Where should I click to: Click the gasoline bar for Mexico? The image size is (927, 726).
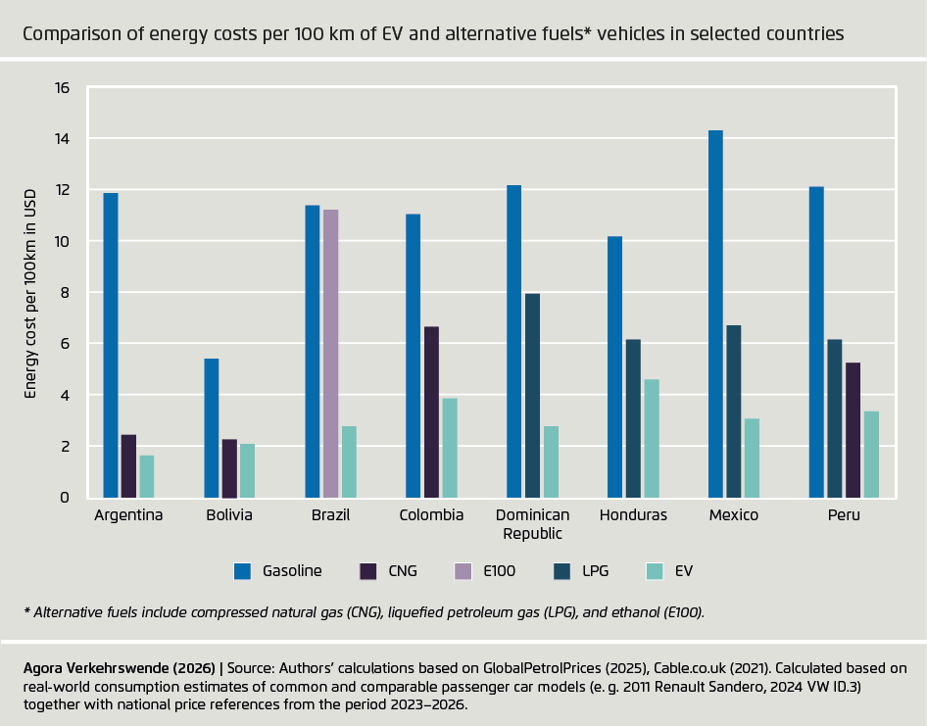(715, 314)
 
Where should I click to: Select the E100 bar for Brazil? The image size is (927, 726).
(330, 354)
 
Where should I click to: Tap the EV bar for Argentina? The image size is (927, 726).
(146, 476)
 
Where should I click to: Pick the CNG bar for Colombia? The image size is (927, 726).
(431, 411)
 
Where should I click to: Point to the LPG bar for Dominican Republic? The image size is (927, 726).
(532, 396)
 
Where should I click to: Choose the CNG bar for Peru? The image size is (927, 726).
(854, 430)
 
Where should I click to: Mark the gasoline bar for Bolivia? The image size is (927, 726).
(212, 428)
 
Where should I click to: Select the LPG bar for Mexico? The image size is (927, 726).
(733, 411)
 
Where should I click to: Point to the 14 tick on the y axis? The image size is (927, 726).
(63, 139)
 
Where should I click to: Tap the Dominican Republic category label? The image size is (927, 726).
(532, 524)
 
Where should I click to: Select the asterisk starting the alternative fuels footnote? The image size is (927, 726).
(27, 611)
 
